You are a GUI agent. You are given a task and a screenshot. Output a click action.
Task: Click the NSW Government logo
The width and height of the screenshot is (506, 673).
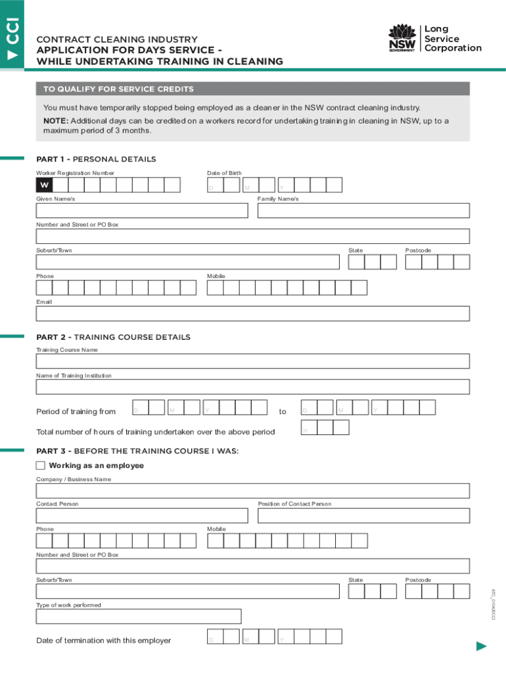402,39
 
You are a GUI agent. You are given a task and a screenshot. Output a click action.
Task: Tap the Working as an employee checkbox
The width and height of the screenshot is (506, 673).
41,465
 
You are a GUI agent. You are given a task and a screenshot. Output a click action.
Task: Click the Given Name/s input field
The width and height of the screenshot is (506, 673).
142,210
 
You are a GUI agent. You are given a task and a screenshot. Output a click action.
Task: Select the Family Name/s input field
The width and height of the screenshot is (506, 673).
363,210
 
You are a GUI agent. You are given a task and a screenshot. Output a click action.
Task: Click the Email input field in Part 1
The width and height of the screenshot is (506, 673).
253,313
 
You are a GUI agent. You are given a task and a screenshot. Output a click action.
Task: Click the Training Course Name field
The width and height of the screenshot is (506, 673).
253,361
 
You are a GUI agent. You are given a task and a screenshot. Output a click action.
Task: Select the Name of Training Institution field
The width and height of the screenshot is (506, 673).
253,387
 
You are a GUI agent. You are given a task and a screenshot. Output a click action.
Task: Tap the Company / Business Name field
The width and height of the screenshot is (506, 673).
253,491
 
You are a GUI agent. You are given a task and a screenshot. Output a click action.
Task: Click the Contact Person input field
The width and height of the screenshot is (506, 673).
142,516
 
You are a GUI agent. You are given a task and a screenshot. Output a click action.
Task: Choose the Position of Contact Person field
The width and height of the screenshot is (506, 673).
363,516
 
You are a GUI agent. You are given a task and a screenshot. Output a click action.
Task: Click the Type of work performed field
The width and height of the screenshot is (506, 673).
139,616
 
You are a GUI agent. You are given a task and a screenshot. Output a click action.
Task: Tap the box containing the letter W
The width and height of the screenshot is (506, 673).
44,185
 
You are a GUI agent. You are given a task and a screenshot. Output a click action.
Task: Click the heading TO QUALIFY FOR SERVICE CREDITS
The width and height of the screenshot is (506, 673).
118,89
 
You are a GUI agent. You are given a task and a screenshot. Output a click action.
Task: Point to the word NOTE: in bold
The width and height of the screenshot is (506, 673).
55,121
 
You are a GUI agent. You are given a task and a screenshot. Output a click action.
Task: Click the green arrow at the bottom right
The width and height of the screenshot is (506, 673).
481,647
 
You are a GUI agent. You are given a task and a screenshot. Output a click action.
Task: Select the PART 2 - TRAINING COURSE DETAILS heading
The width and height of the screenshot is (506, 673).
113,337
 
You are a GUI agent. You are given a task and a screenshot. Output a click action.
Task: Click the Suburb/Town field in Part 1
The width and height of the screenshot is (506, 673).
188,262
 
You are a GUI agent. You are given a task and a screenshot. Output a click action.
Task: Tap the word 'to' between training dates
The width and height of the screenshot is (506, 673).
283,412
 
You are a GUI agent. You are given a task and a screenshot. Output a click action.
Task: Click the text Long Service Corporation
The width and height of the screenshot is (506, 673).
452,39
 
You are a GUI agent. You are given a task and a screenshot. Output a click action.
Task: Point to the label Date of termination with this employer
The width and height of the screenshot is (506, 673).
103,641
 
